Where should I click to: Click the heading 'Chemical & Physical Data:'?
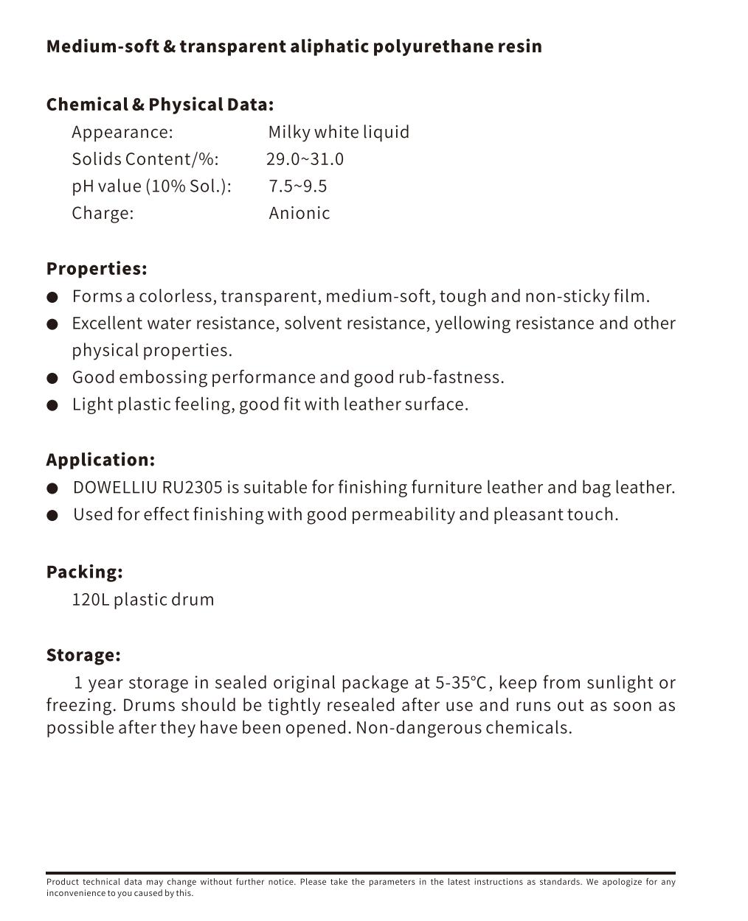(159, 105)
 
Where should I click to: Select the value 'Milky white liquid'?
(339, 132)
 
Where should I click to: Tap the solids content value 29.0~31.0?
(305, 159)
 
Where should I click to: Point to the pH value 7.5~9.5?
(298, 186)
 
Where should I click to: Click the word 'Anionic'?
(299, 213)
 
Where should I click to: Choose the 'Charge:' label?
(103, 213)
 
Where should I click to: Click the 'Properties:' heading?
(97, 268)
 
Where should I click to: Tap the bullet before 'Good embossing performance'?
(52, 378)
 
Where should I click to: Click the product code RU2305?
(192, 487)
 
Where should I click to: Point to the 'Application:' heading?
(100, 460)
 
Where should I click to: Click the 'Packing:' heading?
(84, 572)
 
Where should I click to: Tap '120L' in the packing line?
(90, 599)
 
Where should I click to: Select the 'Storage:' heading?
(83, 655)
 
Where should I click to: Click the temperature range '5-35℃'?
(461, 683)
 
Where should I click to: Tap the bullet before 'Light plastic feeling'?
(52, 405)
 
